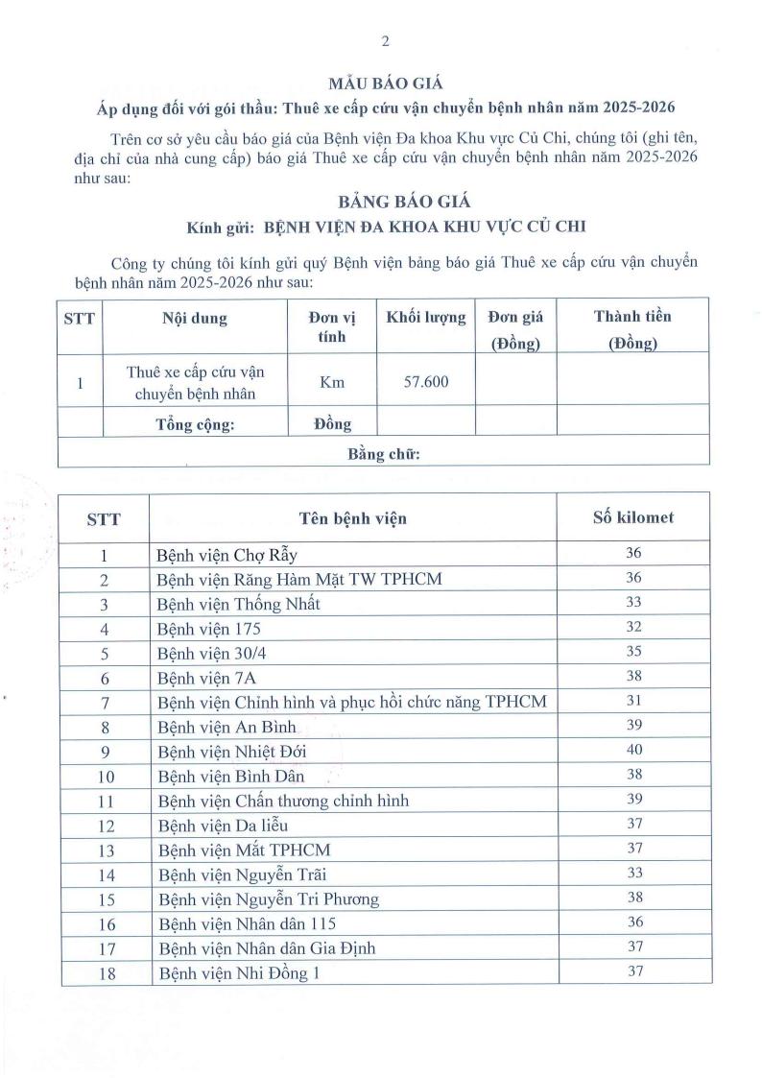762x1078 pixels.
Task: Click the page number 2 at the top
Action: [x=385, y=41]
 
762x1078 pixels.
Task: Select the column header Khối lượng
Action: [x=426, y=317]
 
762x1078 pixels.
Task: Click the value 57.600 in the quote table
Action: [x=426, y=381]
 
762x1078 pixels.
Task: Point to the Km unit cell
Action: [x=332, y=382]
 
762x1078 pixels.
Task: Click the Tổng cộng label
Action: [x=195, y=424]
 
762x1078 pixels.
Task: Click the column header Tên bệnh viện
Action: [x=352, y=518]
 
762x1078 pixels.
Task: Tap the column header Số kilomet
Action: [x=633, y=517]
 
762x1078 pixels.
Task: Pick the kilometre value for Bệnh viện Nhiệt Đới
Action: [x=633, y=749]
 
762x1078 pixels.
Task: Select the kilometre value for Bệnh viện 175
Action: [x=633, y=627]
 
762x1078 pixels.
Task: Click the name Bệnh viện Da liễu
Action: [x=222, y=825]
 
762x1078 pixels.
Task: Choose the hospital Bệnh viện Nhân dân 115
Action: [x=247, y=923]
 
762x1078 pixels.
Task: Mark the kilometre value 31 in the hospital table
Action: [x=633, y=701]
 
